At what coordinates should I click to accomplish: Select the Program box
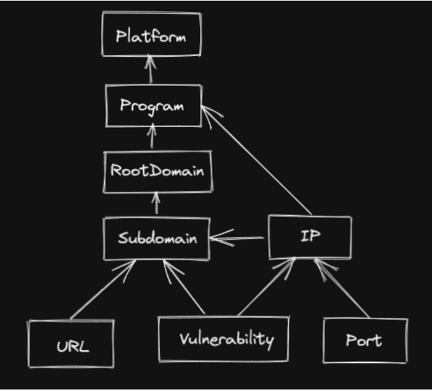coord(153,106)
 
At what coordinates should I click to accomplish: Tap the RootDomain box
coord(157,171)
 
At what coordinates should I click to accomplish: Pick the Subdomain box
coord(157,238)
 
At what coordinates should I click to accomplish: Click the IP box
coord(310,237)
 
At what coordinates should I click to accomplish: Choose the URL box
coord(71,344)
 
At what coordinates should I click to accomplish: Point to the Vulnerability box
coord(223,339)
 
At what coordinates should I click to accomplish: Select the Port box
coord(365,340)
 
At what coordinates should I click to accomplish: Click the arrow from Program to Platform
coord(150,70)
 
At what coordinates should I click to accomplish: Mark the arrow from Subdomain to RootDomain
coord(156,203)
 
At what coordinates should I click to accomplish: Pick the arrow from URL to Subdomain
coord(102,290)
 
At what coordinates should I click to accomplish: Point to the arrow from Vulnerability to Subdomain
coord(183,287)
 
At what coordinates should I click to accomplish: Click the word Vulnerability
coord(226,339)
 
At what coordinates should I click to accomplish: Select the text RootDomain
coord(157,171)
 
